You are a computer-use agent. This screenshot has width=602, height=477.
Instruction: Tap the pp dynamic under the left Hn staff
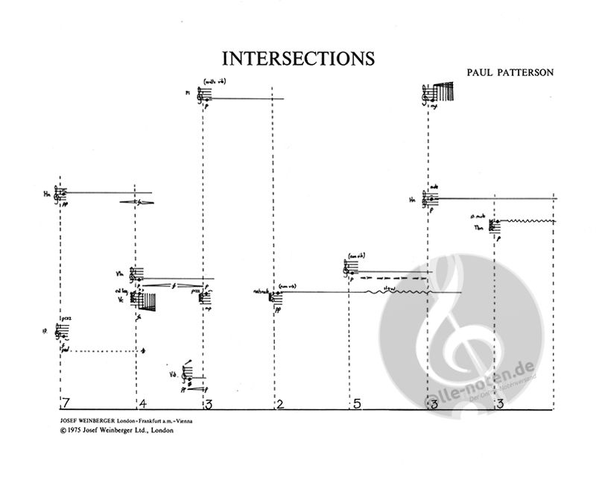point(66,203)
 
